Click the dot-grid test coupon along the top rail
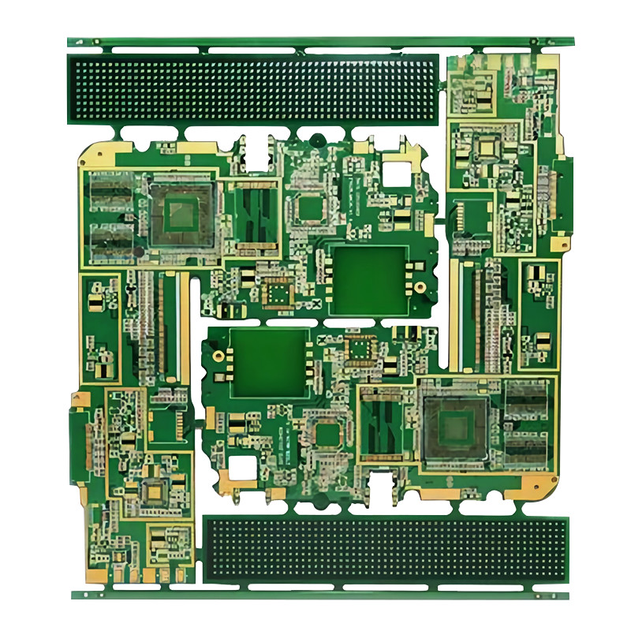252,88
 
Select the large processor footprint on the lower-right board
454,427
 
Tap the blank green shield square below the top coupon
366,278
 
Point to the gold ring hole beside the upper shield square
420,289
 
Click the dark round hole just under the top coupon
316,140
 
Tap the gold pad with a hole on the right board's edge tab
563,245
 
